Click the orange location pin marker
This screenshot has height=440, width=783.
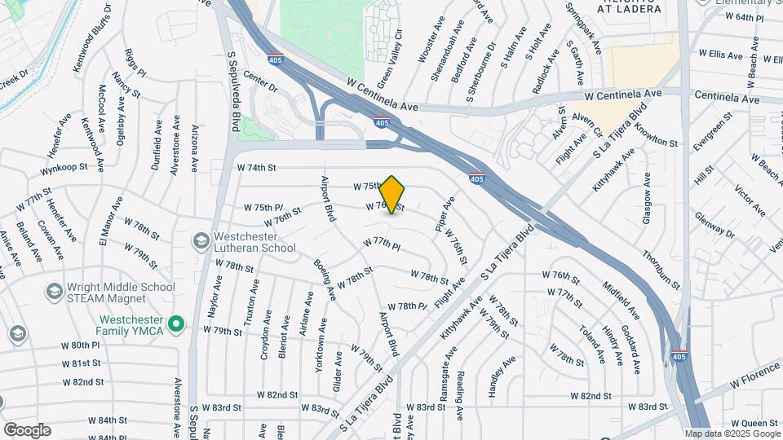[392, 195]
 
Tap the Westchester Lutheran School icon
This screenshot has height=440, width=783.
[200, 241]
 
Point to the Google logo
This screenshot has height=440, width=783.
[26, 430]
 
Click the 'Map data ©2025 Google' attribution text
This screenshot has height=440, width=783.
[732, 434]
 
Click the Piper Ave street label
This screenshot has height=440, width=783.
[445, 214]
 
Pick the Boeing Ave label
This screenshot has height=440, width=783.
[325, 279]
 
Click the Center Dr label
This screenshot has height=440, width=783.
[260, 82]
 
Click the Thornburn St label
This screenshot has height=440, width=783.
[661, 269]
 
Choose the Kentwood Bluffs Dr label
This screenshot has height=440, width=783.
[91, 37]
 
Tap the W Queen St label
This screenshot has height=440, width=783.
[754, 423]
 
